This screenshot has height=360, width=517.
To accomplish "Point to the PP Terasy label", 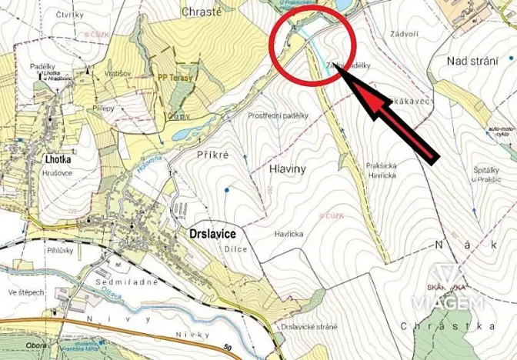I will [x=175, y=77].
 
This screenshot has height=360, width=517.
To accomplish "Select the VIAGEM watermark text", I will [x=449, y=303].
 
